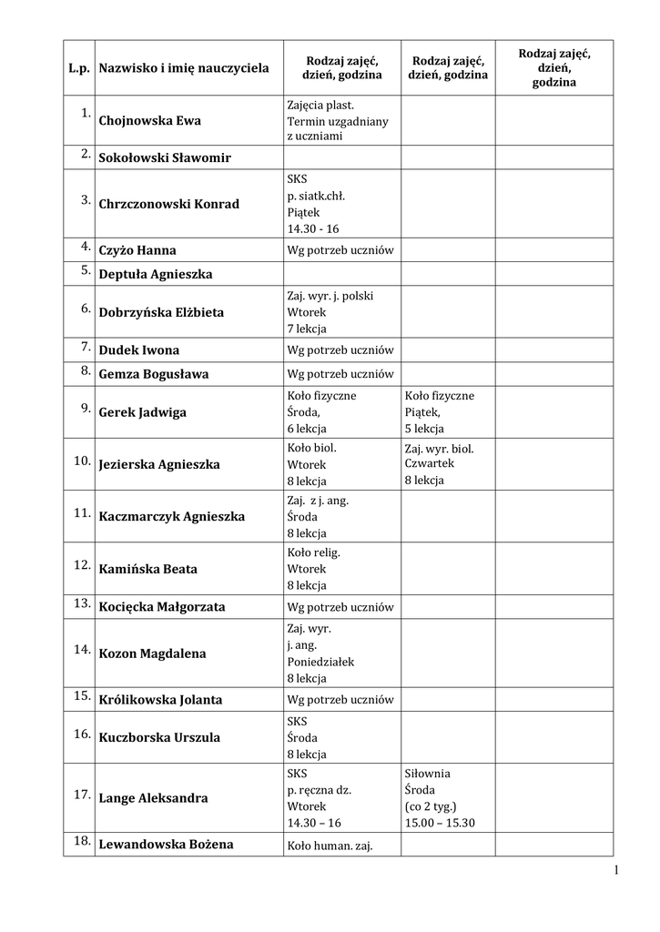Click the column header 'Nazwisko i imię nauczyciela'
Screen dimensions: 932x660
point(184,68)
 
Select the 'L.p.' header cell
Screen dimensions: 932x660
point(77,68)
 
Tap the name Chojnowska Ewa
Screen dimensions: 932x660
point(150,121)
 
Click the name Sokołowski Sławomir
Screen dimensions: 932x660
point(165,158)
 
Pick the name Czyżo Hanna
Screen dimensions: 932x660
point(137,250)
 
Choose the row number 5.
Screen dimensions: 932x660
point(85,269)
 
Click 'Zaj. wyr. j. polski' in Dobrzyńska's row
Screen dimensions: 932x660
point(330,296)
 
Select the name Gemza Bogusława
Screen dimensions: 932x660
point(154,374)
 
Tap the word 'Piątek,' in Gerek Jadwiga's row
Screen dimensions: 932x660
point(424,412)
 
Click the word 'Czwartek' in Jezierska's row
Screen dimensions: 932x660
point(430,463)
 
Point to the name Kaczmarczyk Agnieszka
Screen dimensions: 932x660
point(172,517)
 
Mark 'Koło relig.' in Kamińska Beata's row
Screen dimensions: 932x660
point(313,552)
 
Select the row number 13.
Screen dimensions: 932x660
point(82,603)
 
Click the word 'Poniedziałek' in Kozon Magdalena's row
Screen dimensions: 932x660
point(320,662)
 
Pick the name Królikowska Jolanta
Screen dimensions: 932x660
point(160,701)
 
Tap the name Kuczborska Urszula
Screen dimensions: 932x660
point(159,738)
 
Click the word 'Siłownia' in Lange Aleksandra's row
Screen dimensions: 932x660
point(428,774)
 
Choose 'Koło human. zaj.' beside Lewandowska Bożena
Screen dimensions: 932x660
point(330,846)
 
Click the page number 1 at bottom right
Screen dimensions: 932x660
point(616,871)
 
